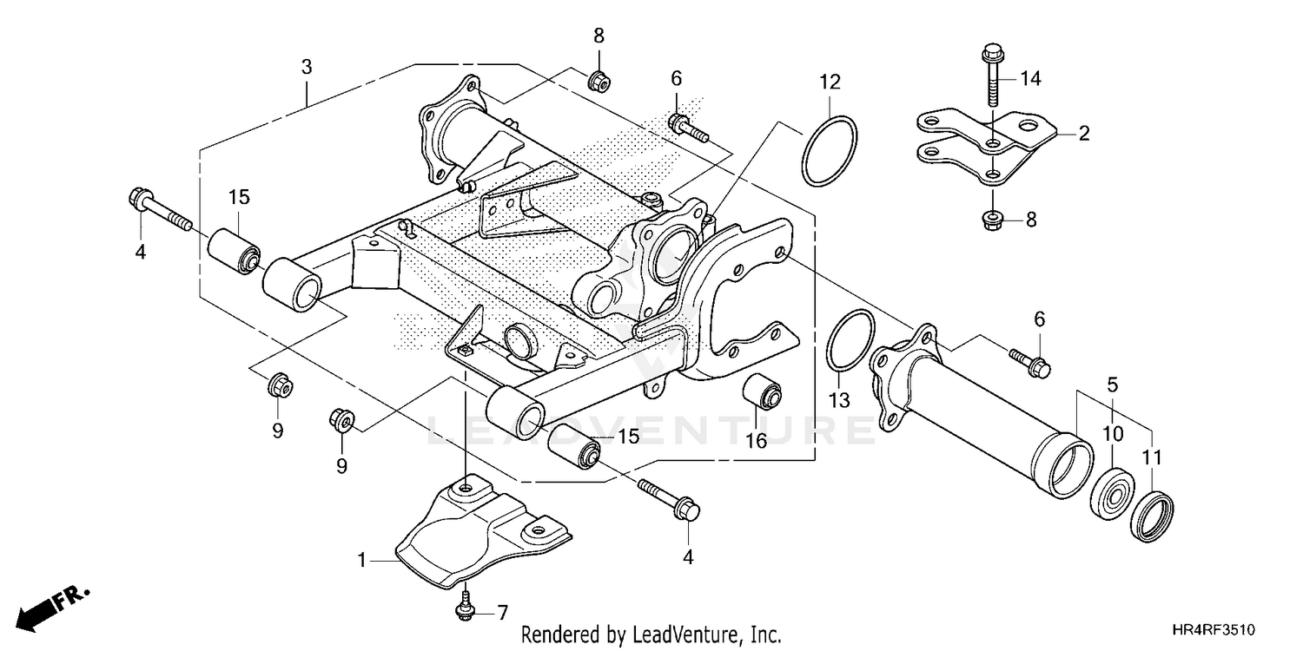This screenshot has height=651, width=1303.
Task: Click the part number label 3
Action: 307,67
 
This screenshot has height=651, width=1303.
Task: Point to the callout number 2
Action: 1083,133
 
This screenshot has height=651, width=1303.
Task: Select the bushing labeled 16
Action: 764,392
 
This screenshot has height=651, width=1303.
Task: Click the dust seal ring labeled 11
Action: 1153,517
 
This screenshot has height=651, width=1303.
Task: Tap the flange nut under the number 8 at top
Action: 599,81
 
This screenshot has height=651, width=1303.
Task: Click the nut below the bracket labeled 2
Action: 991,220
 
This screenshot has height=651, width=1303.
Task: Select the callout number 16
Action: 756,441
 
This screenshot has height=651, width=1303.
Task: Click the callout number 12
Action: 830,82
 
